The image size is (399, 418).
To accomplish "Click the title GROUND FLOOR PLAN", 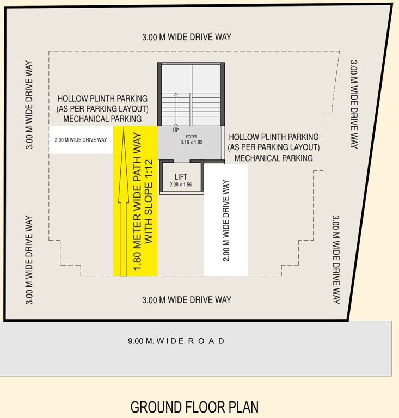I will pos(194,407).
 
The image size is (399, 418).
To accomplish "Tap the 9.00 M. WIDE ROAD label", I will pos(176,341).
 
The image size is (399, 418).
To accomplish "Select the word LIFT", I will pos(181,177).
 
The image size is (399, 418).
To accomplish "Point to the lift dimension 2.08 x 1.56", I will pos(181,185).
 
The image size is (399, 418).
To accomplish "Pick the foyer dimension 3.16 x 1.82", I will pos(191,143).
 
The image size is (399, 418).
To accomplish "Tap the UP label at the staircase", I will pos(175,131).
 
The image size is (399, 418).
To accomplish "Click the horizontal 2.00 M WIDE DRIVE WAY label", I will pos(81,140).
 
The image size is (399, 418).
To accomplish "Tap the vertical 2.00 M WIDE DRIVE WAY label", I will pos(226,220).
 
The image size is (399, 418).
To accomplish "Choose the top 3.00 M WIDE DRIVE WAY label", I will pos(187,37).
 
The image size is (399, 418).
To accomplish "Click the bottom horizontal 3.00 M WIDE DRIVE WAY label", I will pos(187,300).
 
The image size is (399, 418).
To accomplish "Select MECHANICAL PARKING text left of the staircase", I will pos(103,118).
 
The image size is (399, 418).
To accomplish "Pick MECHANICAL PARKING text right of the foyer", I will pos(274,158).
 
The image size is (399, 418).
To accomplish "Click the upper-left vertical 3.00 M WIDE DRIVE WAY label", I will pos(29,104).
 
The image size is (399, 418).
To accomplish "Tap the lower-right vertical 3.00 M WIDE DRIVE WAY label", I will pos(336,259).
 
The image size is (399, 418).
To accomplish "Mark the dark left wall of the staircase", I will pos(159,94).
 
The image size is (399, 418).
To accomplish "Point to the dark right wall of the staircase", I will pos(222,94).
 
